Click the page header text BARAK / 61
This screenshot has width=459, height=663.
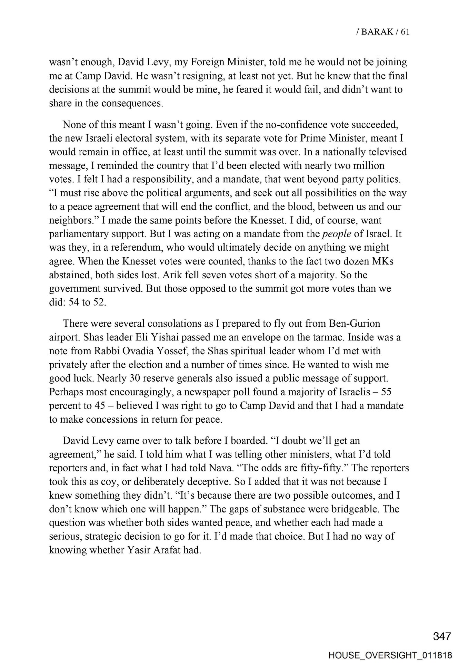click(383, 32)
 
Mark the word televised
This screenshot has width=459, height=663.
click(385, 152)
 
